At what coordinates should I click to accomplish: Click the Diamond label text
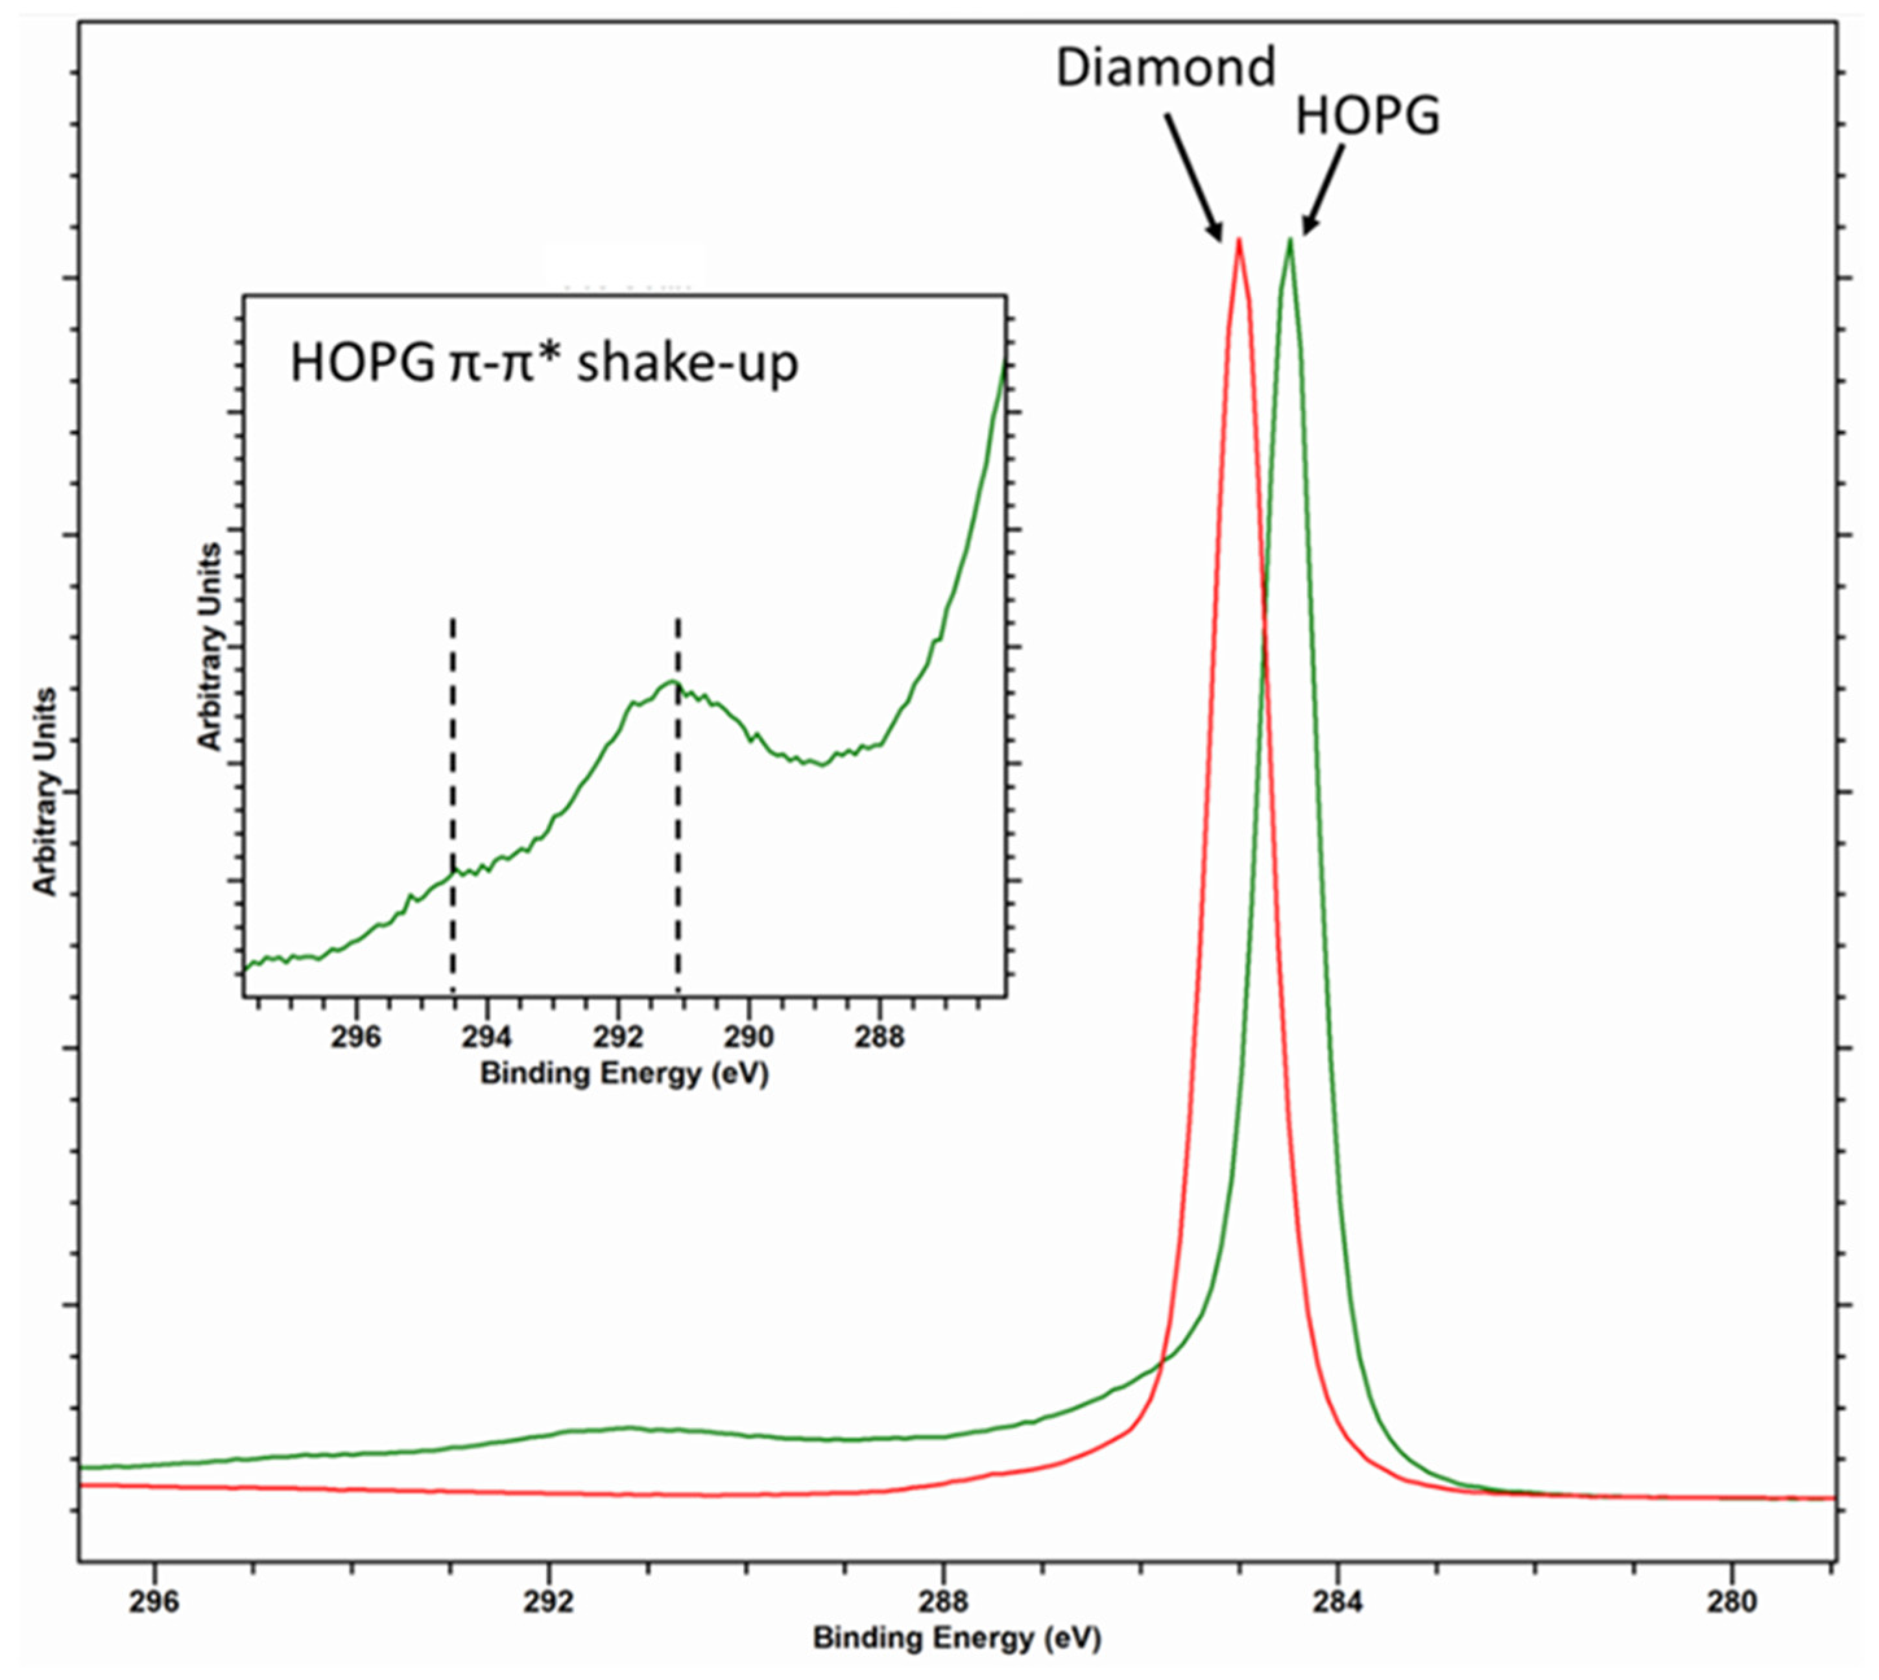[1166, 67]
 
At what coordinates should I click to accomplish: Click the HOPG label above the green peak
[1367, 117]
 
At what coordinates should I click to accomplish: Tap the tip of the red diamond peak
[1238, 240]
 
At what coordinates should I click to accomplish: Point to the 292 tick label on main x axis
[549, 1601]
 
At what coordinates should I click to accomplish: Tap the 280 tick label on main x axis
[1732, 1601]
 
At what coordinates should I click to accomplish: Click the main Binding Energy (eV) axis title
[957, 1639]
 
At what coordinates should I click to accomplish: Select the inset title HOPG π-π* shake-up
[544, 362]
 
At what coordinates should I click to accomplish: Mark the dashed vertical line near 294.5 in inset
[453, 803]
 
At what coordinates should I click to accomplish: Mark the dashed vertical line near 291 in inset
[678, 803]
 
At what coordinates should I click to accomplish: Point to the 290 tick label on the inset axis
[749, 1037]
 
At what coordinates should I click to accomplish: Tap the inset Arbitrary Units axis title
[211, 646]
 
